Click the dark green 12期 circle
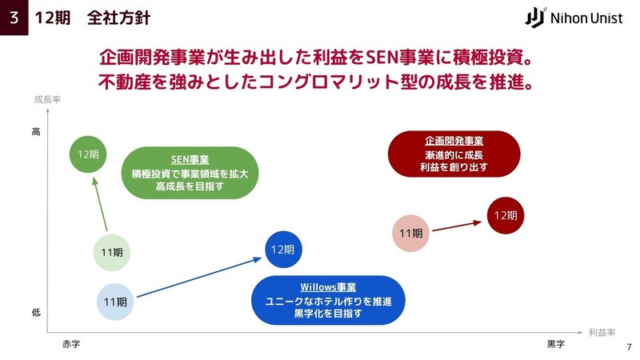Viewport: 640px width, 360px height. pos(88,154)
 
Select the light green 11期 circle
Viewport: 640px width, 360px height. pos(112,253)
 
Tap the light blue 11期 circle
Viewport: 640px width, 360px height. pos(115,302)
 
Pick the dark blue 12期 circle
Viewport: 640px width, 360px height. pos(283,250)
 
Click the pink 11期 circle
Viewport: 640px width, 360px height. pos(410,233)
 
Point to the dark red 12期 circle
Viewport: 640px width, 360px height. pos(506,215)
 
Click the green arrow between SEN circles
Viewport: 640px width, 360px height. pos(101,204)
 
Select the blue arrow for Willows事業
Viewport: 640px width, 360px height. pos(198,277)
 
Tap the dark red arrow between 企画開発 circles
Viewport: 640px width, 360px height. pos(457,226)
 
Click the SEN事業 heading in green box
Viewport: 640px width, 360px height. pos(190,159)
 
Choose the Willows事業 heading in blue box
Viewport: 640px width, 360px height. pos(328,287)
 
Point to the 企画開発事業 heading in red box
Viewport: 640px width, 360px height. pos(454,141)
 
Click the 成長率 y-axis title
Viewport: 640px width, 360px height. pos(47,99)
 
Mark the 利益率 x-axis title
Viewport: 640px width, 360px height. pos(602,333)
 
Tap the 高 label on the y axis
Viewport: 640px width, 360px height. pos(36,131)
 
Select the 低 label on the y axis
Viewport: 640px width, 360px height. pos(36,313)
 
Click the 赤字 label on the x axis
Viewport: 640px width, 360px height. pos(71,344)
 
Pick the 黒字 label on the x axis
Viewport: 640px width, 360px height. pos(556,344)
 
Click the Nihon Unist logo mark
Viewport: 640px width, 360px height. pos(535,18)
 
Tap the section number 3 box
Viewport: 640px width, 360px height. pos(14,18)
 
